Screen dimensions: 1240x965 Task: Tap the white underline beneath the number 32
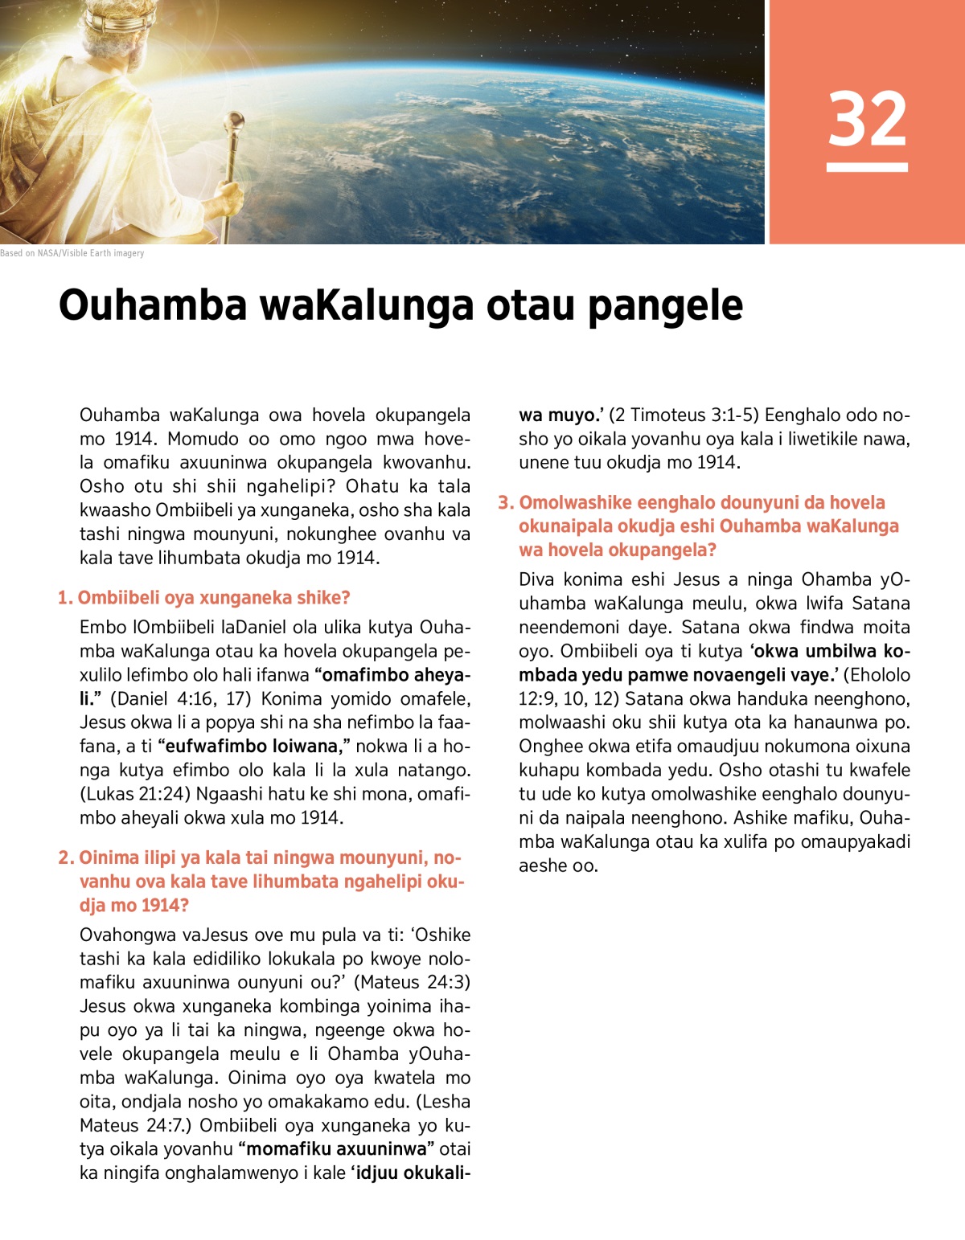point(867,167)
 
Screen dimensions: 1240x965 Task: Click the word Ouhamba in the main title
point(153,305)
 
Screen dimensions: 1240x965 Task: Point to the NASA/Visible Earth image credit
point(72,253)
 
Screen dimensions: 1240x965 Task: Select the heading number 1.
point(64,598)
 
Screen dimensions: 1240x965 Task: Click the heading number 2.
point(65,857)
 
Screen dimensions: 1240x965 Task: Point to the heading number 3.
point(504,503)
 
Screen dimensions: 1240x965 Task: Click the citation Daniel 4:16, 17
point(180,698)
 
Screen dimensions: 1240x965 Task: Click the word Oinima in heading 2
point(109,857)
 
